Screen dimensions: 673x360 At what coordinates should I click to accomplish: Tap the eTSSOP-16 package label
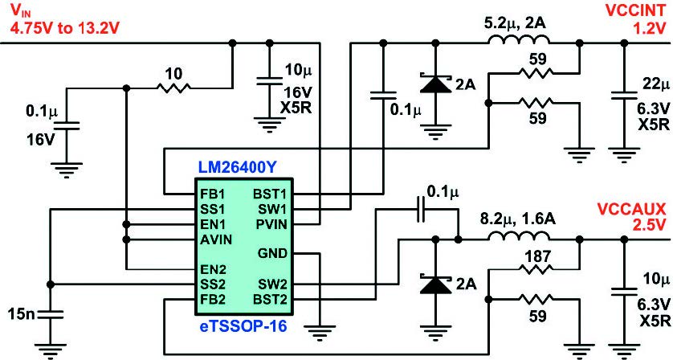coord(243,327)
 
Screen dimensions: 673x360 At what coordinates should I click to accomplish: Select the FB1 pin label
coord(212,194)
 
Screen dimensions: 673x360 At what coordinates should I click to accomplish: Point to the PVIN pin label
coord(271,224)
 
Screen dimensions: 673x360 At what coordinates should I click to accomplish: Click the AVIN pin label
coord(216,239)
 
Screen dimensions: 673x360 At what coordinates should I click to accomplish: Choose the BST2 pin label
coord(270,300)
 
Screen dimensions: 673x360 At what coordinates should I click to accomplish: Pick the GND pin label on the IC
coord(272,253)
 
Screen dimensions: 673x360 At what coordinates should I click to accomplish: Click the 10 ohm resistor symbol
coord(173,88)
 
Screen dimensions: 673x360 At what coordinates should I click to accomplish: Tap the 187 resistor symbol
coord(536,269)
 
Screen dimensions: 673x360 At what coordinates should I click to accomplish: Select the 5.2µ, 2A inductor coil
coord(519,40)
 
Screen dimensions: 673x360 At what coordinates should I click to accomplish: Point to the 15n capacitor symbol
coord(50,314)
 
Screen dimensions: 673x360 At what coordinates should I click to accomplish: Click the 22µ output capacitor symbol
coord(624,96)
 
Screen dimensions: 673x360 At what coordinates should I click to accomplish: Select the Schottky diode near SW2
coord(435,284)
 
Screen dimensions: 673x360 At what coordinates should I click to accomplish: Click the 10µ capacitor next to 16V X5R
coord(269,82)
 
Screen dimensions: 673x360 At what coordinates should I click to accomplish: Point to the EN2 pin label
coord(213,270)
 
